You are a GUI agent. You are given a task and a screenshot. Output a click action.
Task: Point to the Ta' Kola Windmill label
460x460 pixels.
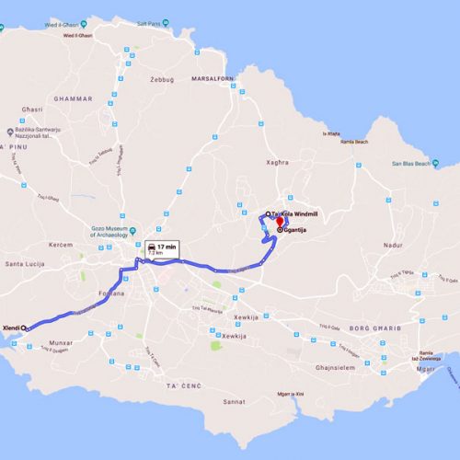[294, 213]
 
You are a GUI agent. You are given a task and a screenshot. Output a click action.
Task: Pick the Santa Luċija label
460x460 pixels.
[25, 264]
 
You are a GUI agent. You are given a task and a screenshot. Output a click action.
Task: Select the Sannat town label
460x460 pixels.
[235, 403]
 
